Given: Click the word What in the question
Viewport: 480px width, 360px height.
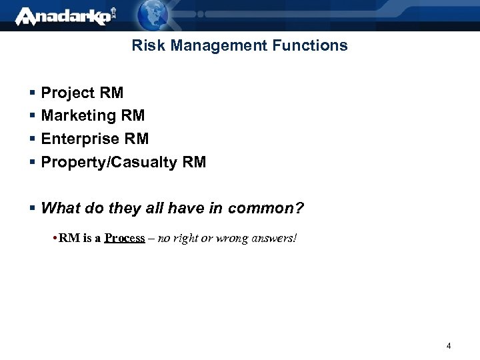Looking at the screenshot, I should coord(60,209).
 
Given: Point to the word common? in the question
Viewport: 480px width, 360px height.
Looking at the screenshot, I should coord(265,209).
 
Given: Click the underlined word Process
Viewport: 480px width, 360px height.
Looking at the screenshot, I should coord(125,238).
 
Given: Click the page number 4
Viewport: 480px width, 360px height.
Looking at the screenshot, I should coord(449,345).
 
